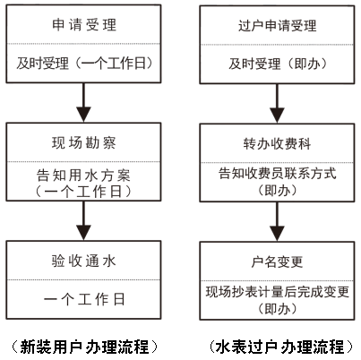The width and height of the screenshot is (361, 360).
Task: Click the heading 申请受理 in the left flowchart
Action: pyautogui.click(x=84, y=25)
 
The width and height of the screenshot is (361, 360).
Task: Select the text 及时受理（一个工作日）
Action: pyautogui.click(x=84, y=64)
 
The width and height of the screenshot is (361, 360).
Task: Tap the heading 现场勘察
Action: pyautogui.click(x=84, y=142)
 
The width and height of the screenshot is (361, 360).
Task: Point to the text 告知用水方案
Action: pyautogui.click(x=83, y=176)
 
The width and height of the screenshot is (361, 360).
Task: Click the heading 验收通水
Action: pyautogui.click(x=84, y=261)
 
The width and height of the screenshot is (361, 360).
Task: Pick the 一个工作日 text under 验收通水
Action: pyautogui.click(x=84, y=299)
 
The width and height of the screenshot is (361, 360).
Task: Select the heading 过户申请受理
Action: pyautogui.click(x=277, y=26)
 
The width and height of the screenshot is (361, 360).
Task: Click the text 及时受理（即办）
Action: pyautogui.click(x=277, y=64)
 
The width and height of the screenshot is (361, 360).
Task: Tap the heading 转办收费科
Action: pyautogui.click(x=277, y=143)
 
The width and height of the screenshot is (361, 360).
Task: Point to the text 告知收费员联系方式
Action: pyautogui.click(x=277, y=174)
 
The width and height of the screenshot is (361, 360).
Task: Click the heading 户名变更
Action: pyautogui.click(x=277, y=261)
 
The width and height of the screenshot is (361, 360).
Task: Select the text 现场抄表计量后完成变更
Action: pyautogui.click(x=277, y=292)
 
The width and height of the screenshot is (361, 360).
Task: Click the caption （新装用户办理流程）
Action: pyautogui.click(x=84, y=347)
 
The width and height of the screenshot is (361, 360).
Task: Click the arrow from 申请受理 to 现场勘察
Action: pyautogui.click(x=83, y=102)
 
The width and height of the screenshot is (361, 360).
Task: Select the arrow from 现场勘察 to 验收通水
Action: pyautogui.click(x=83, y=220)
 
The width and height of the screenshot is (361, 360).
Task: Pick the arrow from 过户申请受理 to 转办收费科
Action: pyautogui.click(x=277, y=103)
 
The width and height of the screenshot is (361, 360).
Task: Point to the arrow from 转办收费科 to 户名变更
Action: pyautogui.click(x=277, y=221)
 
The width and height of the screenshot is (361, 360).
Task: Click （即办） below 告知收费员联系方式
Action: pyautogui.click(x=277, y=190)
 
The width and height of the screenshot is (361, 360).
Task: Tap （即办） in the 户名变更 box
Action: pyautogui.click(x=277, y=308)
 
